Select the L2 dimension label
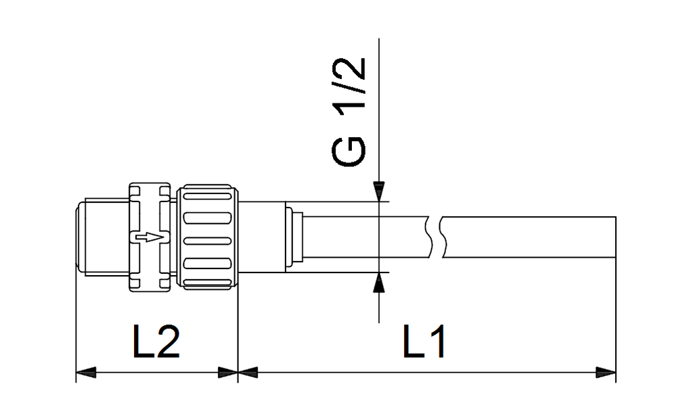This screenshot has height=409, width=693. (156, 343)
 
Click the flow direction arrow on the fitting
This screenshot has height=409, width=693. (149, 237)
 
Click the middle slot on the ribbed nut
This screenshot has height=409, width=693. (208, 240)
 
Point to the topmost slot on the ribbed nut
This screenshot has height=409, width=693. (208, 197)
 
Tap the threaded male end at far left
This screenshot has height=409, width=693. (99, 237)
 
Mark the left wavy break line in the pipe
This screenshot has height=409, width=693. (429, 237)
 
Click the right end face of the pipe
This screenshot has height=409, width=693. (615, 237)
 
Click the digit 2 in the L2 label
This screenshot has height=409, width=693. (167, 343)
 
